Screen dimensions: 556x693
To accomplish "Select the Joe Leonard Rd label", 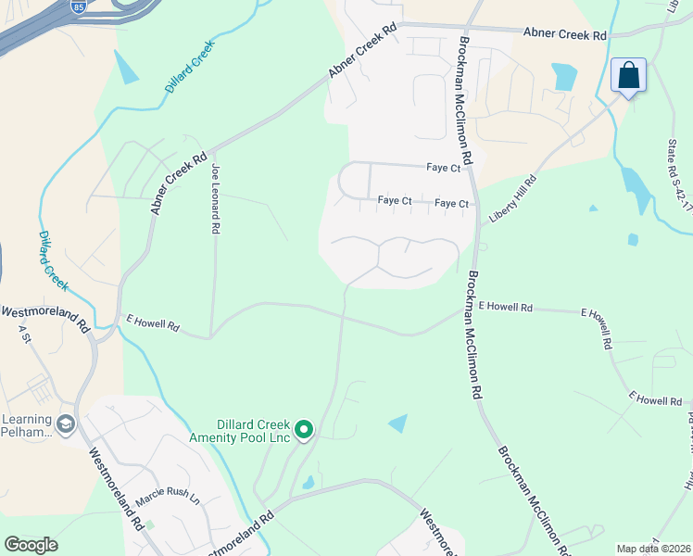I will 215,198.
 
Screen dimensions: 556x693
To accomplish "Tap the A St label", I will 24,336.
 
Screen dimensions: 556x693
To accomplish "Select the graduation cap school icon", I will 65,424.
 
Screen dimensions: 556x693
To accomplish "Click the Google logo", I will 30,545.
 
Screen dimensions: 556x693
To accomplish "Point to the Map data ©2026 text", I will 653,549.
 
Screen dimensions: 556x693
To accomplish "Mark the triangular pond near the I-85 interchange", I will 125,67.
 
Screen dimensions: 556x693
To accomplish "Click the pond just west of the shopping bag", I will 564,76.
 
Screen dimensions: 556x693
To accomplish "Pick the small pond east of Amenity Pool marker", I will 397,423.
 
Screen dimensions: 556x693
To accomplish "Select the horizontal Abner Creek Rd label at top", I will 564,34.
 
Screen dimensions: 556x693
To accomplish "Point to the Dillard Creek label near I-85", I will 190,65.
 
